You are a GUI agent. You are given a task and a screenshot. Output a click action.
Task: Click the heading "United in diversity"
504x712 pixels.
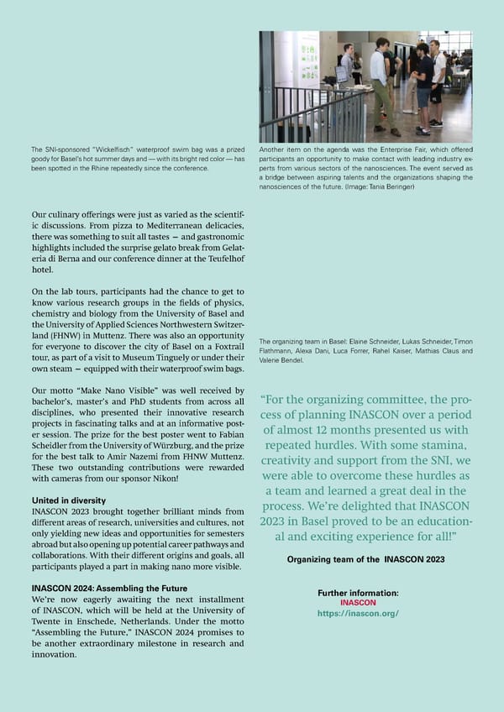tap(65, 500)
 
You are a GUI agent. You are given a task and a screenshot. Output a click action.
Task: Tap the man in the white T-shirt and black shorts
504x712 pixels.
tap(437, 80)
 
